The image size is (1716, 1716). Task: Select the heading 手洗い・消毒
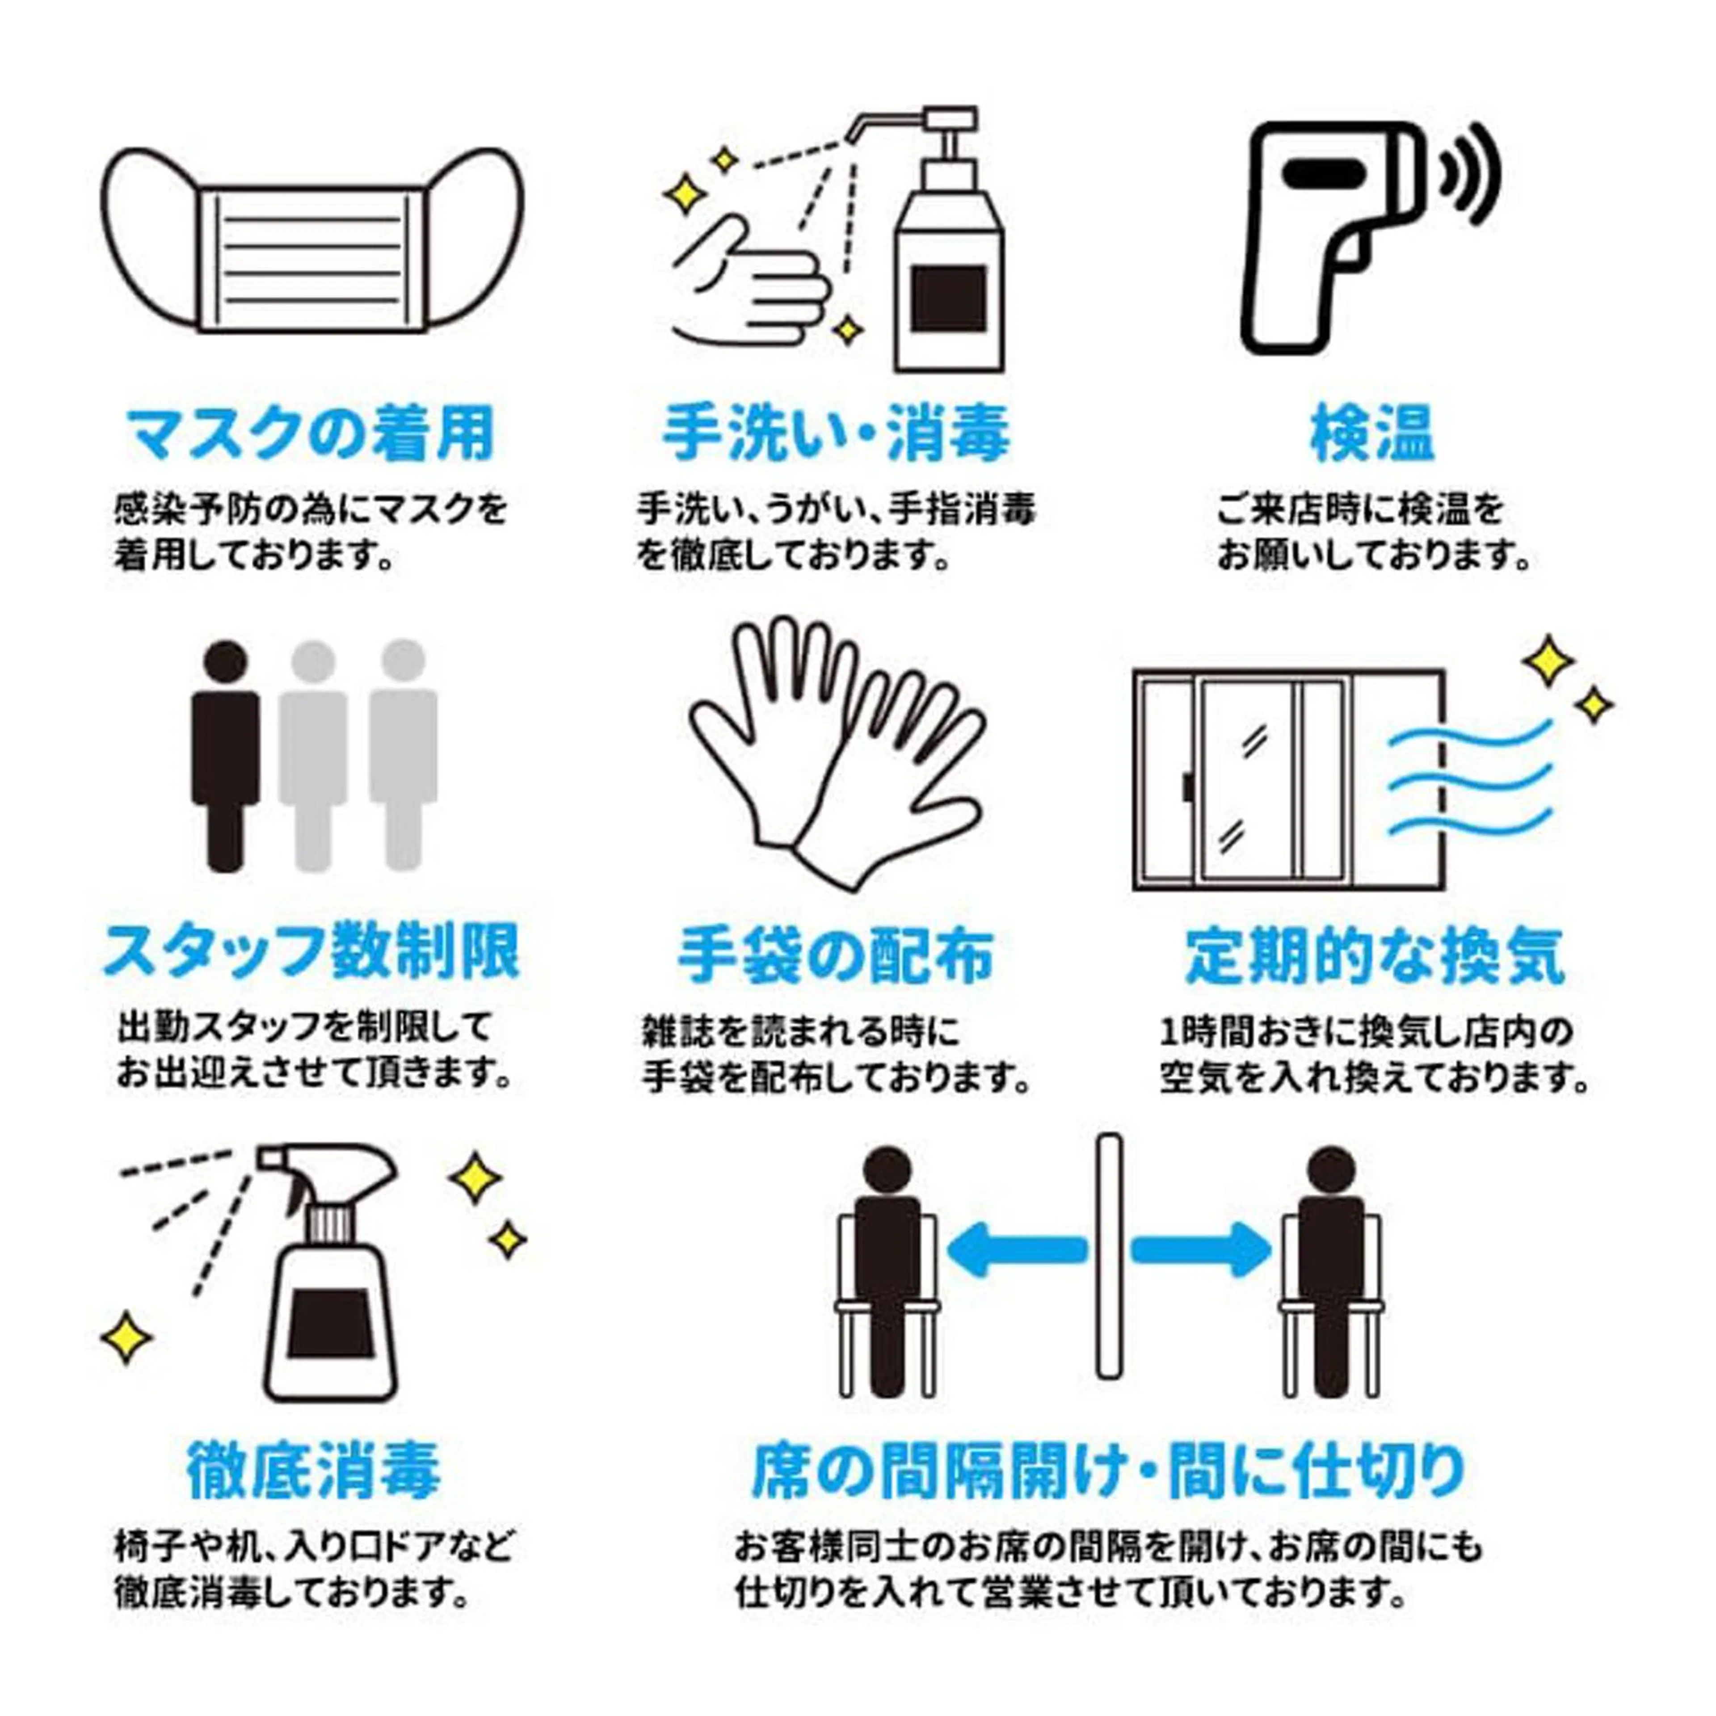point(835,434)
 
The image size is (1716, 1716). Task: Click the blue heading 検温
point(1372,434)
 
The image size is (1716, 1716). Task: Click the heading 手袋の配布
point(835,956)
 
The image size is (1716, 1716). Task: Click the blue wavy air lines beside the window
point(1470,782)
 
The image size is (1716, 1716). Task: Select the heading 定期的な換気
point(1375,956)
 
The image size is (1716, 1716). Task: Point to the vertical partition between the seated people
point(1108,1270)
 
